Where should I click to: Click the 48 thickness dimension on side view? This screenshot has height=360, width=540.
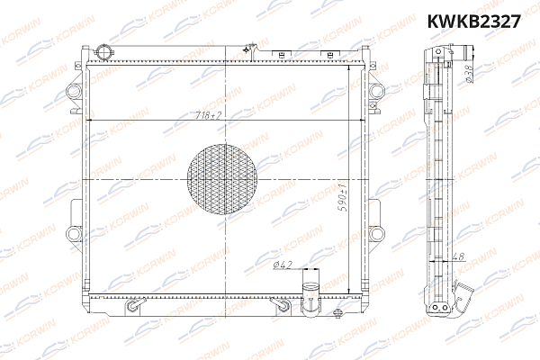coord(459,256)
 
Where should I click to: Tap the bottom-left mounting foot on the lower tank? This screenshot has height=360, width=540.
coord(134,306)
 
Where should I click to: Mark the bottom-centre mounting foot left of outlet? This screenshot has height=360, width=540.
coord(284,306)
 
